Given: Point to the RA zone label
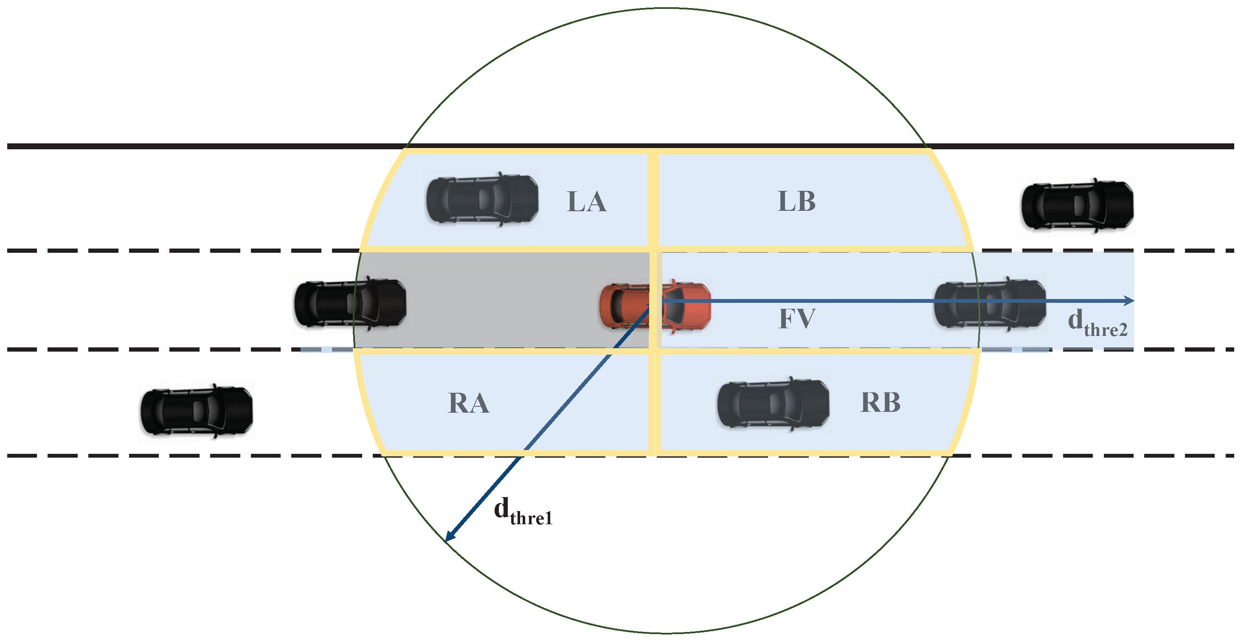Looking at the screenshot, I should [x=468, y=403].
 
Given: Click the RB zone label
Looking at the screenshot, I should [x=880, y=403].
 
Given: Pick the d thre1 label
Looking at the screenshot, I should [x=523, y=512].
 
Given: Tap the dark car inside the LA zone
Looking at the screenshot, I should [x=482, y=199].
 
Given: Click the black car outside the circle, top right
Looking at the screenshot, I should [x=1077, y=206].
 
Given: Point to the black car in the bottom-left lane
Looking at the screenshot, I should [x=196, y=411].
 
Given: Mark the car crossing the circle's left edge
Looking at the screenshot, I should [x=350, y=304].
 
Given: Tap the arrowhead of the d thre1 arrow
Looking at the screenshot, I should [x=449, y=537].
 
